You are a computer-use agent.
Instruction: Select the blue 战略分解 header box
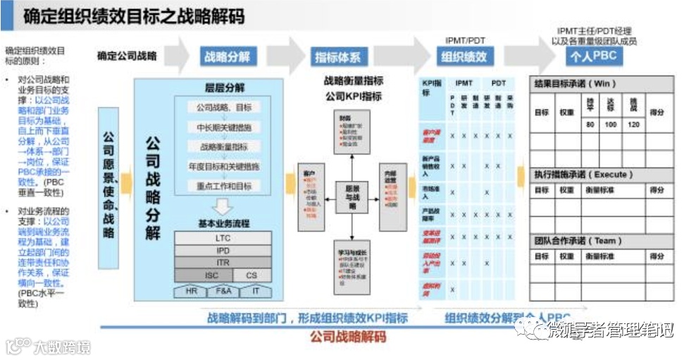click(228, 56)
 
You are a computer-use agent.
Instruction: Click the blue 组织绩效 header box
click(466, 56)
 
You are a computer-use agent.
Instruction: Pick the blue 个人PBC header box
click(595, 56)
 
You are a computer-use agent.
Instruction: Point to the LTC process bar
click(223, 237)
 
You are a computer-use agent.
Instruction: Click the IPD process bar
click(223, 250)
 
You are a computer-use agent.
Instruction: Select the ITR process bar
click(223, 263)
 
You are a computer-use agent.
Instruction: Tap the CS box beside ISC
click(251, 275)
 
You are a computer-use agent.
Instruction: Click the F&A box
click(223, 290)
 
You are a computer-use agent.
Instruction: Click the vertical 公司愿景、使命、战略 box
click(108, 187)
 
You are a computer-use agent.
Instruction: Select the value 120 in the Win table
click(633, 124)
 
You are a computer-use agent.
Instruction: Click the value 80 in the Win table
click(590, 124)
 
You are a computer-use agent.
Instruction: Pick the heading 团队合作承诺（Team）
click(576, 240)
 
